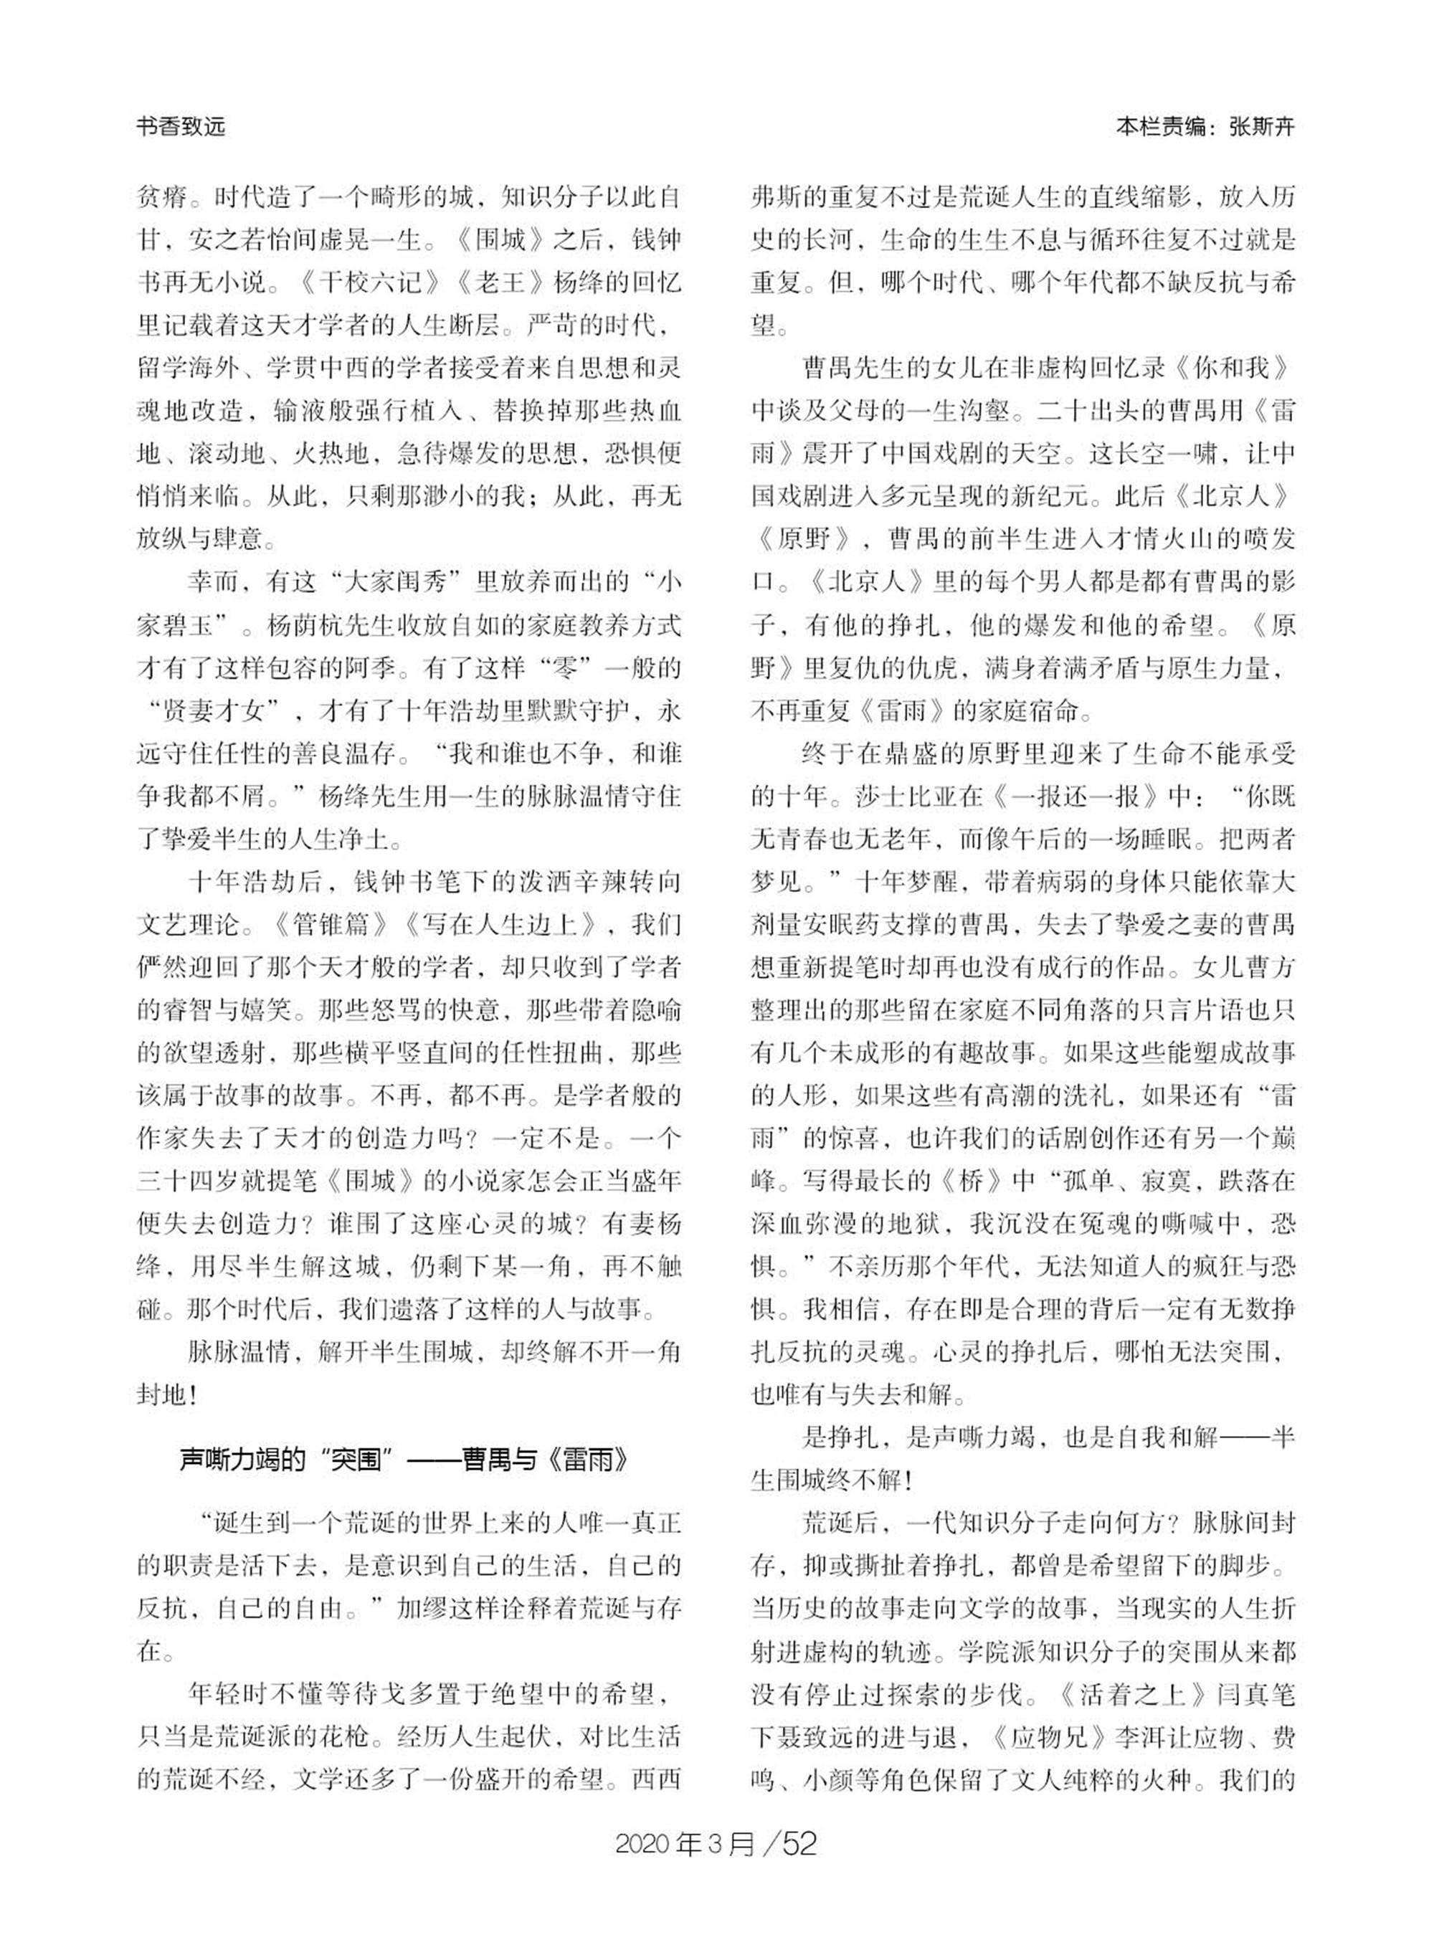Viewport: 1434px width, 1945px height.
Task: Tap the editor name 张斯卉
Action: pyautogui.click(x=1261, y=128)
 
